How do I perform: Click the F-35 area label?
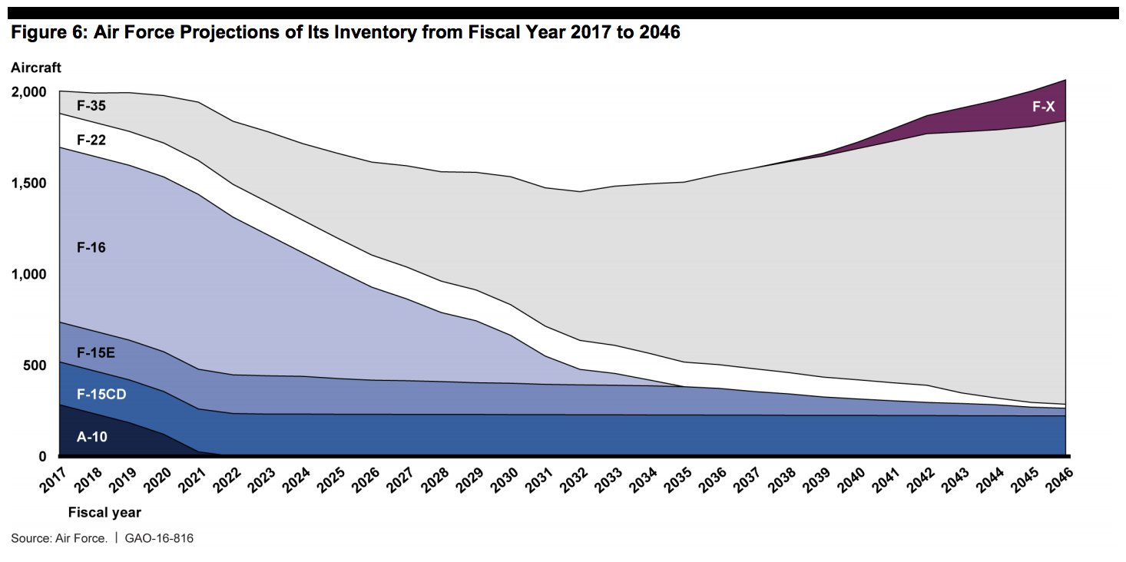coord(91,105)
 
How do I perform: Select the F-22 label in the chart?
coord(91,140)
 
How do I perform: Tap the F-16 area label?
coord(91,247)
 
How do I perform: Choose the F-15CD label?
coord(101,394)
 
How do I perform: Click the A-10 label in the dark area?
coord(91,437)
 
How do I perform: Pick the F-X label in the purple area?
coord(1044,107)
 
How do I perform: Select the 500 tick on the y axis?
coord(36,365)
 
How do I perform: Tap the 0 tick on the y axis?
coord(42,457)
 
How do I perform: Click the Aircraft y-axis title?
coord(36,68)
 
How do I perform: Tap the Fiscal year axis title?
coord(104,512)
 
